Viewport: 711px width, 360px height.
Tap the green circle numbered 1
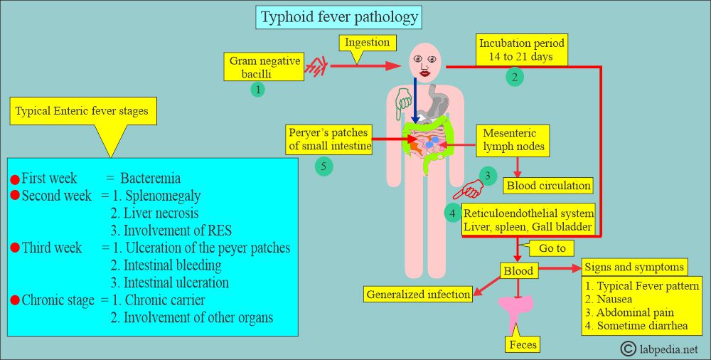pyautogui.click(x=257, y=90)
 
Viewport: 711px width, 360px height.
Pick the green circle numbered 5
pyautogui.click(x=324, y=166)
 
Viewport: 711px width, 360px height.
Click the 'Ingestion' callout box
pyautogui.click(x=368, y=43)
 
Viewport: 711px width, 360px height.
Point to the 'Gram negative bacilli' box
pyautogui.click(x=264, y=68)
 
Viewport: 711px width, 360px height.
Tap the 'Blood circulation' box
pyautogui.click(x=548, y=186)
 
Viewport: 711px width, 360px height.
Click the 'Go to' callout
pyautogui.click(x=552, y=249)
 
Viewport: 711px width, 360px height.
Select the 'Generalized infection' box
pyautogui.click(x=418, y=294)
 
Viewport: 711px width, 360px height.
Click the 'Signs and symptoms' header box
pyautogui.click(x=634, y=268)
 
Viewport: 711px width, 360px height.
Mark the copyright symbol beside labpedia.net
pyautogui.click(x=628, y=349)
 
